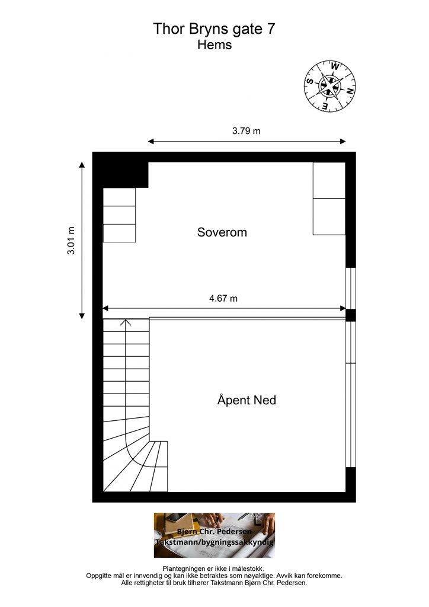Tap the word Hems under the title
[x=214, y=45]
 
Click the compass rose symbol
[x=330, y=86]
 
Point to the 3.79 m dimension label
[x=246, y=131]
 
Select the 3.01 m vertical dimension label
[x=71, y=241]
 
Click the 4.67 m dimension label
[x=223, y=299]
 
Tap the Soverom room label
[x=222, y=232]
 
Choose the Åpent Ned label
[x=247, y=400]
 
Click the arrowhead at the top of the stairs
[x=126, y=322]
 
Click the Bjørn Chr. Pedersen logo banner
[x=214, y=535]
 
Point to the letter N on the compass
[x=349, y=92]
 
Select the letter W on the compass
[x=335, y=66]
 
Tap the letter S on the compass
[x=309, y=81]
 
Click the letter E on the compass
[x=325, y=106]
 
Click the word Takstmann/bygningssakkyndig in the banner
[x=214, y=542]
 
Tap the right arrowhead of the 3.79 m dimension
[x=342, y=142]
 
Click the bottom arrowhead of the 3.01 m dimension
[x=82, y=315]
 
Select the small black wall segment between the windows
[x=350, y=315]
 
